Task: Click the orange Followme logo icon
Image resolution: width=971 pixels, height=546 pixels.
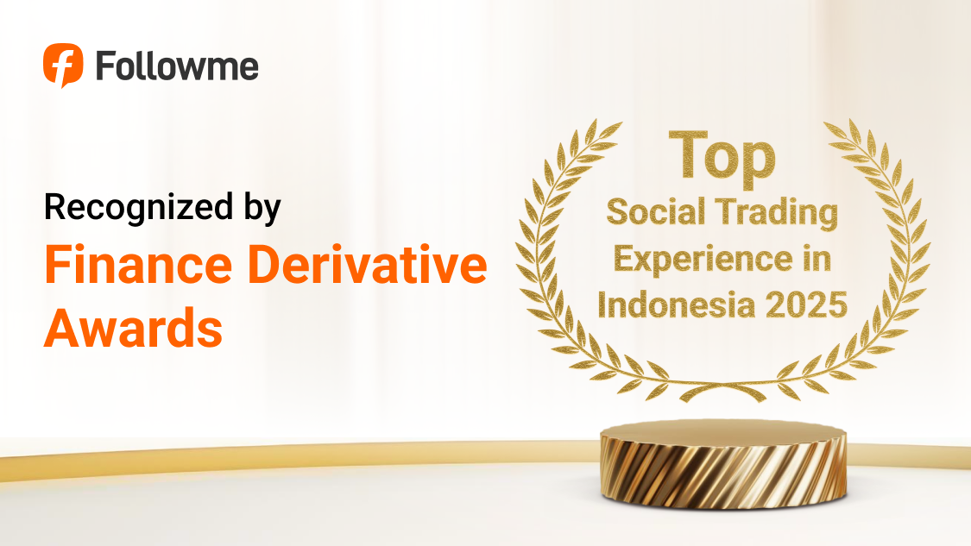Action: click(x=62, y=65)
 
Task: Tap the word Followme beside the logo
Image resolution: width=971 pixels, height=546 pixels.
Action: click(x=177, y=66)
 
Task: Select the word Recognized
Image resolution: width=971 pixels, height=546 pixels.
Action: click(x=139, y=207)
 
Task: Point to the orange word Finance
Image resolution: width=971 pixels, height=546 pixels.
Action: click(x=138, y=264)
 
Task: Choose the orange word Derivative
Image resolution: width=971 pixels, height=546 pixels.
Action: click(x=368, y=264)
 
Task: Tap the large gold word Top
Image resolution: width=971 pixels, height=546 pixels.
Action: click(x=722, y=157)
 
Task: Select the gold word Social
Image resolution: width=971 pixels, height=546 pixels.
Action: click(x=656, y=211)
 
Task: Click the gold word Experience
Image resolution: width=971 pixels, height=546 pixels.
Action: click(x=703, y=260)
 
